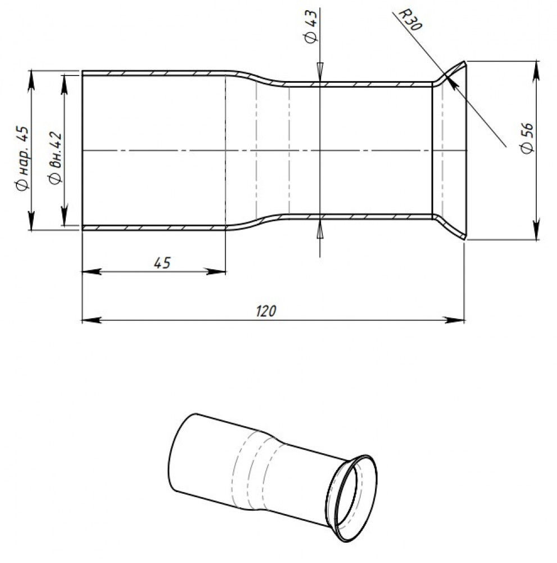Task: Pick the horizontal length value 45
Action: click(162, 263)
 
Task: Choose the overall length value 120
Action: click(266, 311)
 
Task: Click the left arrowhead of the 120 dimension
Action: click(90, 320)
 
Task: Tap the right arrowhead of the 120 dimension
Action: click(456, 320)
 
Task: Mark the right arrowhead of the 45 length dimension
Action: click(217, 271)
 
